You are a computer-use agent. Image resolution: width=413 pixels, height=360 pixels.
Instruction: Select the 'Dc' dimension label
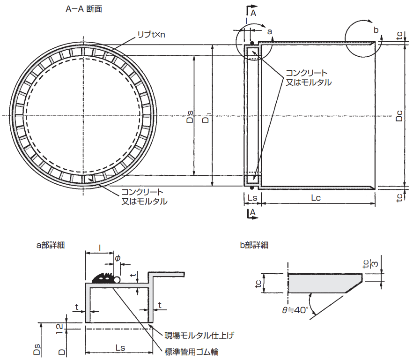pos(399,116)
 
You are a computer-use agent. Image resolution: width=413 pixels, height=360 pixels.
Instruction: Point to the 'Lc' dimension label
pos(316,198)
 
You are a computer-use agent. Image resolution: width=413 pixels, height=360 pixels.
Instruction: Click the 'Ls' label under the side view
pos(252,198)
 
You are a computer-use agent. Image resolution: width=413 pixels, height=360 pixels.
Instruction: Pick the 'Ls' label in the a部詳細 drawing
pos(120,347)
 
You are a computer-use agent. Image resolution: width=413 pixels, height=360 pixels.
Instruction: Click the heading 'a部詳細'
pos(51,244)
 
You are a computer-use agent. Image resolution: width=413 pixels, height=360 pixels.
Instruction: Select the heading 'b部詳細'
pos(253,244)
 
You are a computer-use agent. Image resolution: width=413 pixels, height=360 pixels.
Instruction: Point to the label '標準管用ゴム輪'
pos(191,351)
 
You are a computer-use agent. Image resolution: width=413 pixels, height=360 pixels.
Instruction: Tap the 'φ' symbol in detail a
pos(118,258)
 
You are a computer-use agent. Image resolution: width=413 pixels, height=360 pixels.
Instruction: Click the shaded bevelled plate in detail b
pos(323,283)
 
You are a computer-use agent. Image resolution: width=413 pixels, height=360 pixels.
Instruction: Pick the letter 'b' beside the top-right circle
pos(376,30)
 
